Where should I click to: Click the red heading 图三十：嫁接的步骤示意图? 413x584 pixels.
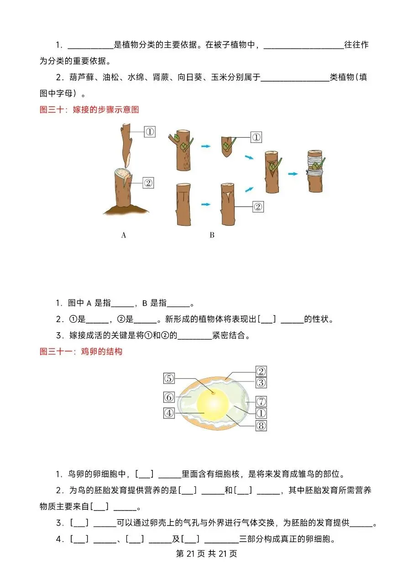(89, 109)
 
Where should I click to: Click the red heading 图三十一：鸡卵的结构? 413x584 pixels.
(81, 352)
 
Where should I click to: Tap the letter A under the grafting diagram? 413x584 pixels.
(123, 235)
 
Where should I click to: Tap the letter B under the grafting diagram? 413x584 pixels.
(212, 235)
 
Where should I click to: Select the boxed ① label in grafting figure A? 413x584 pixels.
(150, 132)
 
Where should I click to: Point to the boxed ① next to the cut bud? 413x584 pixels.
(256, 137)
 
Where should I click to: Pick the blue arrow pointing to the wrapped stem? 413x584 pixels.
(293, 174)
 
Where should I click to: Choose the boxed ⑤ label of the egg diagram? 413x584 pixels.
(169, 378)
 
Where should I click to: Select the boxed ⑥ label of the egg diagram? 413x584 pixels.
(169, 397)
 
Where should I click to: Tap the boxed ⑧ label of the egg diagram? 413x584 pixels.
(261, 426)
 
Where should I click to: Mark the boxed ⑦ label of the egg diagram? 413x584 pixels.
(261, 401)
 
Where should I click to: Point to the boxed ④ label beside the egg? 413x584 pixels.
(169, 413)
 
